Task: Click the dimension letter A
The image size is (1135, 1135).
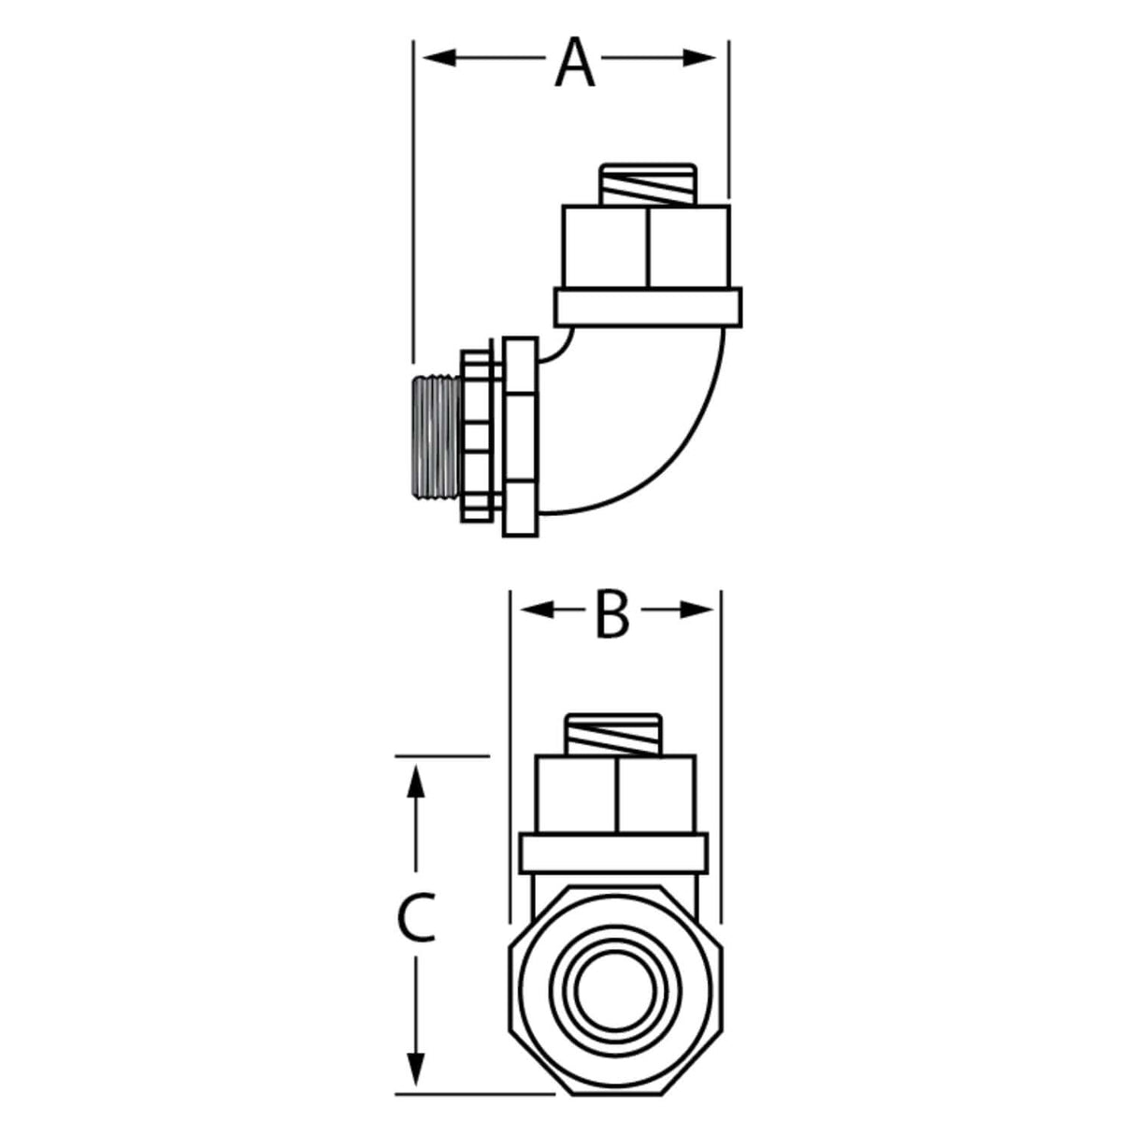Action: pyautogui.click(x=574, y=60)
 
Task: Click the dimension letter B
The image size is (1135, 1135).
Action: pyautogui.click(x=612, y=617)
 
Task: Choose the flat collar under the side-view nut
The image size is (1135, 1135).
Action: pyautogui.click(x=648, y=307)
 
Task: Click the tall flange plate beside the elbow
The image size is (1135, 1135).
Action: pyautogui.click(x=521, y=437)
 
